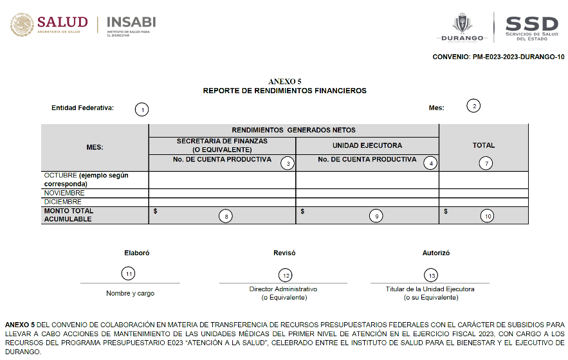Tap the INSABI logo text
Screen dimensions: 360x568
tap(131, 22)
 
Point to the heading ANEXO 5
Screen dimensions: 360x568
tap(284, 82)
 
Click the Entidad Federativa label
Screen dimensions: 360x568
tap(82, 108)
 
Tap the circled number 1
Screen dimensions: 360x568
tap(142, 109)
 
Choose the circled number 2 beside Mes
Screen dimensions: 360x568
tap(473, 106)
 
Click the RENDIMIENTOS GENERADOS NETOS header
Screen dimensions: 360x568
tap(293, 130)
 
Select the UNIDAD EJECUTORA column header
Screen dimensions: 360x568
tap(367, 145)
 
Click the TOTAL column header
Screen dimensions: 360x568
tap(484, 145)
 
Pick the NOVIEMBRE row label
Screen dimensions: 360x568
tap(64, 193)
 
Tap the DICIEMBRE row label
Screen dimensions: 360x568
tap(63, 202)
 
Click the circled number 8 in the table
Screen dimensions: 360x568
tap(226, 217)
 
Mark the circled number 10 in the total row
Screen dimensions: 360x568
tap(488, 217)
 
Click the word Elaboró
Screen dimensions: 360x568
tap(136, 253)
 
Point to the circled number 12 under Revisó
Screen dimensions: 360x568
tap(286, 275)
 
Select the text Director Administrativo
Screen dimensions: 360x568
tap(283, 289)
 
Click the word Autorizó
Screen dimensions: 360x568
tap(435, 253)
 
